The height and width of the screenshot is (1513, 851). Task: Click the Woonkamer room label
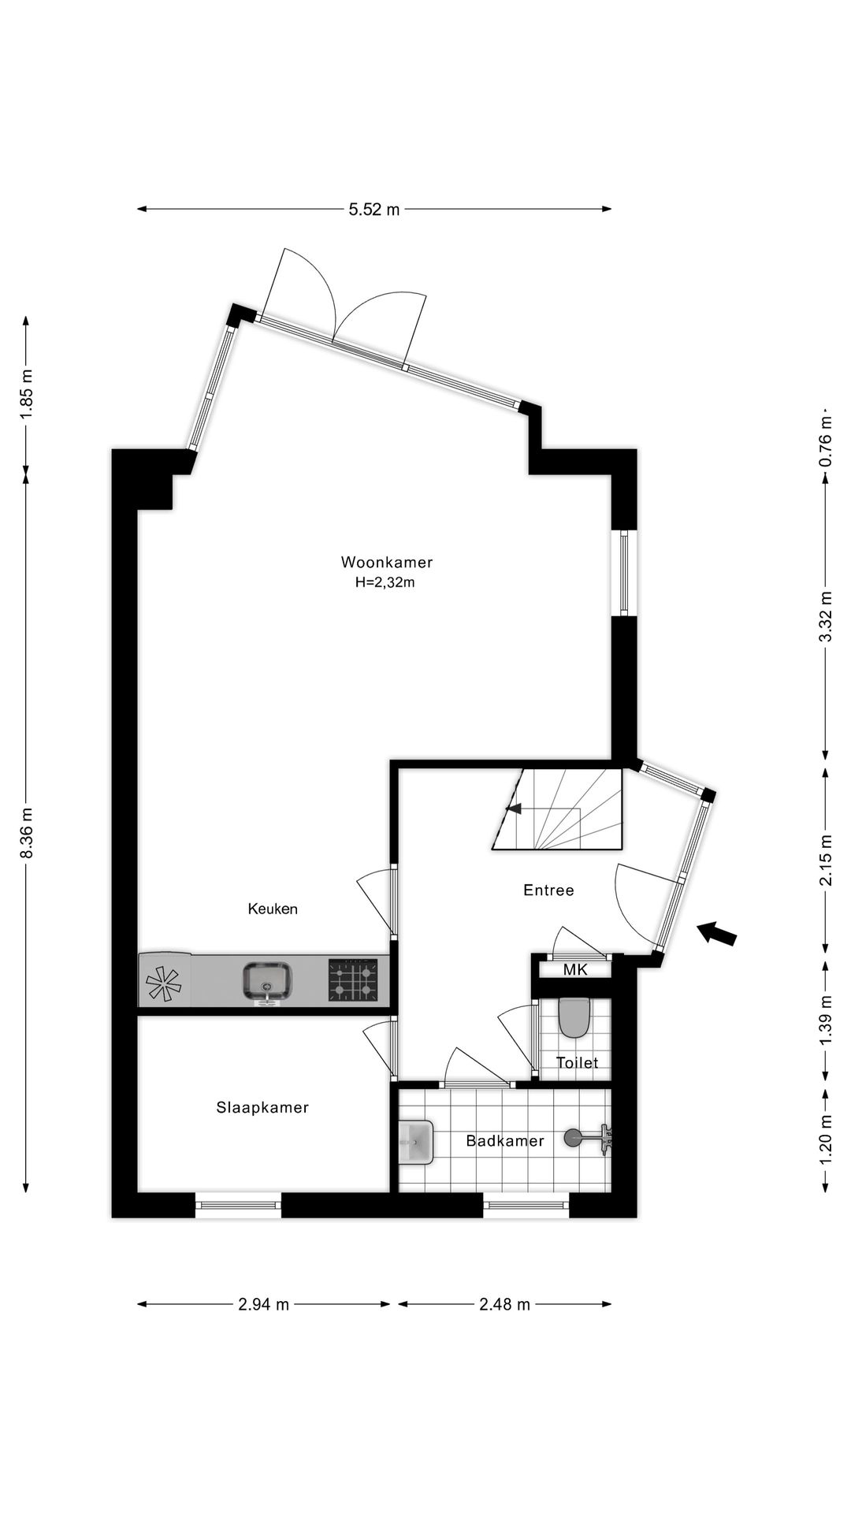387,562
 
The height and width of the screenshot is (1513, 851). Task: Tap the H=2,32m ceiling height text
385,583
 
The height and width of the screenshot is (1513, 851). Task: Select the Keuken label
273,909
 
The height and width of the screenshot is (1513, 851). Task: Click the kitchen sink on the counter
268,981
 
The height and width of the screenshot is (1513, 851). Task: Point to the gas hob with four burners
353,980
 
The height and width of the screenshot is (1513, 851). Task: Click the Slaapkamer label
262,1107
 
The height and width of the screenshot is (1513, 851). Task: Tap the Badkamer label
505,1140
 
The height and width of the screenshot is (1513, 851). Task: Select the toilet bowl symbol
574,1017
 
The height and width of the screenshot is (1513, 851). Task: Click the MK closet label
575,969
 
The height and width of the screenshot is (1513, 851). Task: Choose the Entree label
548,890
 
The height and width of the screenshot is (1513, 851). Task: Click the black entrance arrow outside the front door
717,933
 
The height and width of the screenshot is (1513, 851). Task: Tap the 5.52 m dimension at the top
374,209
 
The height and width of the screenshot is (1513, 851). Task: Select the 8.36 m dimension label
26,833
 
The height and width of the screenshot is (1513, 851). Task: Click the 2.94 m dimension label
264,1304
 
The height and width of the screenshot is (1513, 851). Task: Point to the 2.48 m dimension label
505,1304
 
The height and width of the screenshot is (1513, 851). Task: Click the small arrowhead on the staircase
514,808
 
